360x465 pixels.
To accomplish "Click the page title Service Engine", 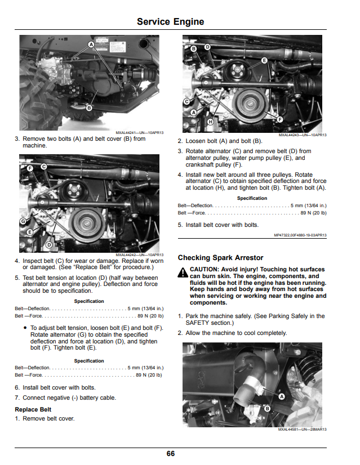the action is tap(170, 21).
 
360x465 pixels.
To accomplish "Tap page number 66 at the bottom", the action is tap(171, 453).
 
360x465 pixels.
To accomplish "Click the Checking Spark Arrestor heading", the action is tap(220, 258).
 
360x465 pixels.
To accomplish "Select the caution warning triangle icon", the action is tap(183, 272).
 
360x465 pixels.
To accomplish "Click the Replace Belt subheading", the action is tap(33, 409).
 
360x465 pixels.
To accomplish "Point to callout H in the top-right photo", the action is tap(210, 121).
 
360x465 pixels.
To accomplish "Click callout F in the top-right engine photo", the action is tap(279, 119).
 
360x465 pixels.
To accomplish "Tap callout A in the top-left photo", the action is tap(91, 44).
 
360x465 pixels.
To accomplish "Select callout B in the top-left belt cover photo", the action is tap(89, 108).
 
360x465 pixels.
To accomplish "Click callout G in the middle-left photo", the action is tap(23, 221).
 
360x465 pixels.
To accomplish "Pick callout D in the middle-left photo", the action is tap(49, 245).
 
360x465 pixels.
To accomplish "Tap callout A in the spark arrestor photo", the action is tap(282, 396).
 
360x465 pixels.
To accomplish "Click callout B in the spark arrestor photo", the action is tap(267, 409).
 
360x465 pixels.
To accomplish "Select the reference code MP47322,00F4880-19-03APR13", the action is tap(300, 235).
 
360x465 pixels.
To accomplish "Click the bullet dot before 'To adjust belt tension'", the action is tap(25, 328).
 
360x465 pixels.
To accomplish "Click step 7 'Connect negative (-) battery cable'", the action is tap(65, 397).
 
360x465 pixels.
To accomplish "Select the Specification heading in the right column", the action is tap(252, 198).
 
